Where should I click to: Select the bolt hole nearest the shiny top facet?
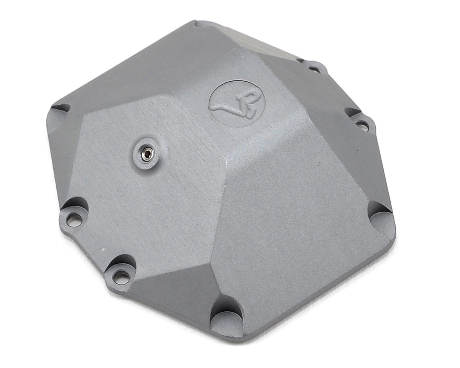(314, 69)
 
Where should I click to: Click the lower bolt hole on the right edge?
(361, 125)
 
